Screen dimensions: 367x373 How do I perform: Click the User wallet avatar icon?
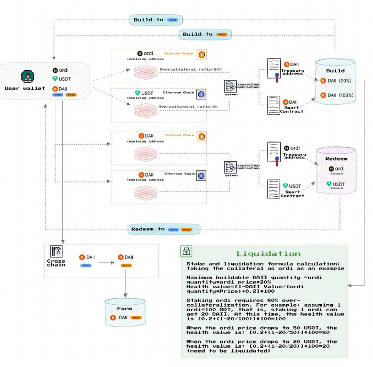27,76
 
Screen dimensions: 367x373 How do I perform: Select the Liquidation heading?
268,254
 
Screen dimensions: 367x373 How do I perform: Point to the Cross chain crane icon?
55,251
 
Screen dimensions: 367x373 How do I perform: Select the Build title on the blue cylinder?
335,71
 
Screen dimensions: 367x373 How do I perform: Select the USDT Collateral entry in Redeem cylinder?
336,185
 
